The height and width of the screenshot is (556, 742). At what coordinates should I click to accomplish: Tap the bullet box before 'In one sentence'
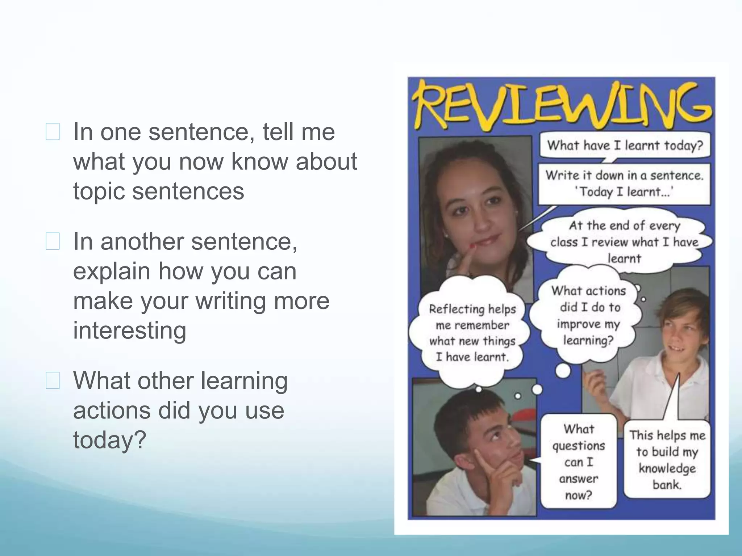[53, 132]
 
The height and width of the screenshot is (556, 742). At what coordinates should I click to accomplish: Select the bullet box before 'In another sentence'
[53, 241]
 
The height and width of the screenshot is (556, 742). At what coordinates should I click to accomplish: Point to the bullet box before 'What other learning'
[53, 381]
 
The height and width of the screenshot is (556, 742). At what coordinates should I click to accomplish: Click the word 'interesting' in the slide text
[130, 330]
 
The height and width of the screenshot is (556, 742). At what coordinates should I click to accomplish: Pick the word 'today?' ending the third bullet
[109, 440]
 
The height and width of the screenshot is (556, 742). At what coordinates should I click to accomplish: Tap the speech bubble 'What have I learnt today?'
[625, 146]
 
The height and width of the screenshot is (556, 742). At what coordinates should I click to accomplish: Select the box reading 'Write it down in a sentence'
[624, 184]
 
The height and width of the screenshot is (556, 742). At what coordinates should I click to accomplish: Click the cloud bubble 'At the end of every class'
[624, 242]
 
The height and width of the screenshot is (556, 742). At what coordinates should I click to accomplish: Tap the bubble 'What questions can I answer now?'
[579, 462]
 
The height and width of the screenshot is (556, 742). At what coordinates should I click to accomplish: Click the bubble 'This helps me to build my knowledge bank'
[667, 460]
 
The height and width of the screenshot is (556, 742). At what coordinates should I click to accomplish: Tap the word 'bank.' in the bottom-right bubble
[667, 484]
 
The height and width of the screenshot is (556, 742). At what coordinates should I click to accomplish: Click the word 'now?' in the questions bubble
[579, 495]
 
